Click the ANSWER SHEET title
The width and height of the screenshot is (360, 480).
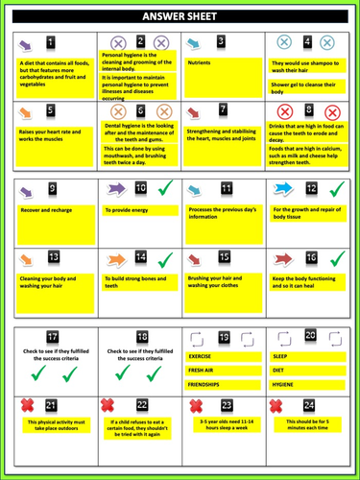pyautogui.click(x=180, y=16)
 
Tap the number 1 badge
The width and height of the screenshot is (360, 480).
pyautogui.click(x=52, y=43)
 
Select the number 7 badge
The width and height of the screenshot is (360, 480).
pyautogui.click(x=223, y=109)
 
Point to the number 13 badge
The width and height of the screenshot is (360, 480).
pyautogui.click(x=53, y=257)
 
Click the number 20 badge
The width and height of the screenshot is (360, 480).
pyautogui.click(x=310, y=335)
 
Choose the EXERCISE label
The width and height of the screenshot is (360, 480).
pyautogui.click(x=201, y=356)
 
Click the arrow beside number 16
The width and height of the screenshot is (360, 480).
pyautogui.click(x=284, y=257)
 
